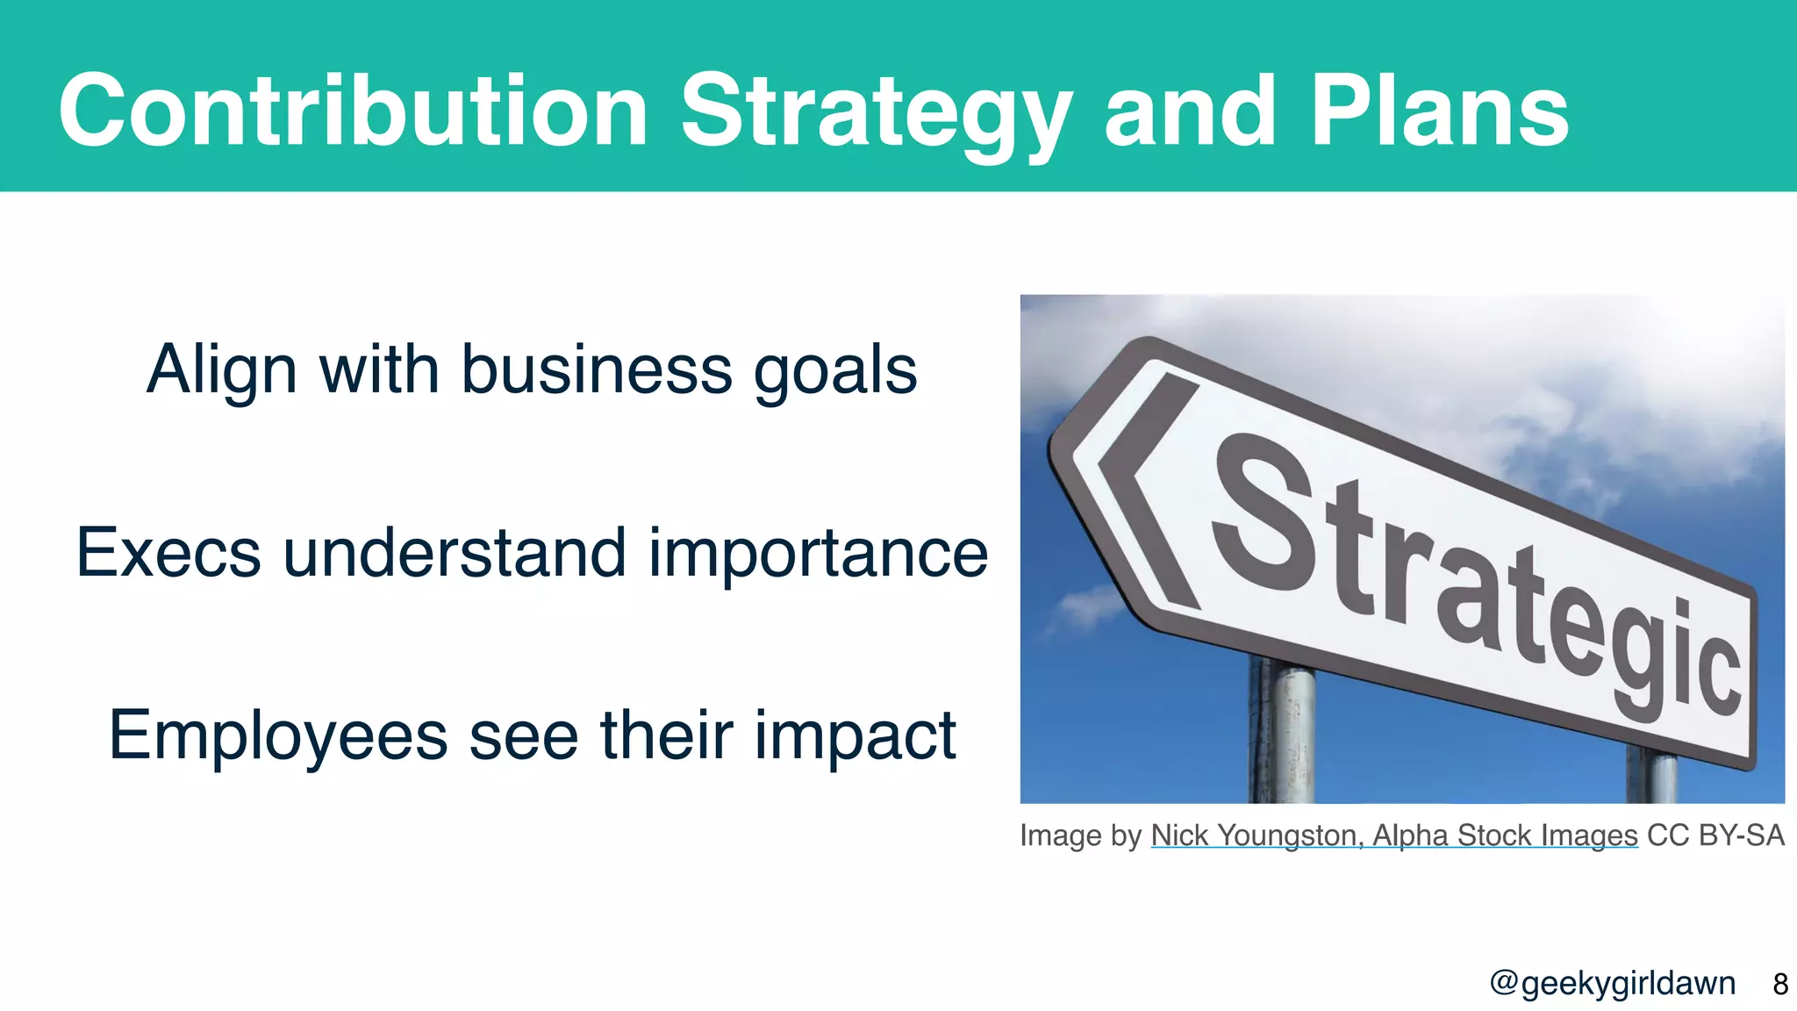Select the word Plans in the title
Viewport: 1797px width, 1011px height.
tap(1439, 112)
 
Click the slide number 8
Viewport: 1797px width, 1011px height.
tap(1779, 984)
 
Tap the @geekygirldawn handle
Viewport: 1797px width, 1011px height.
tap(1612, 984)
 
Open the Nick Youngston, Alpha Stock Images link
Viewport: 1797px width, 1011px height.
tap(1393, 835)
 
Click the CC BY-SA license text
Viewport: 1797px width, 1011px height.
tap(1715, 835)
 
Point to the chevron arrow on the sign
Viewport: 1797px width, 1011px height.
tap(1145, 491)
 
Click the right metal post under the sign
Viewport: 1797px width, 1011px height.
tap(1651, 776)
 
